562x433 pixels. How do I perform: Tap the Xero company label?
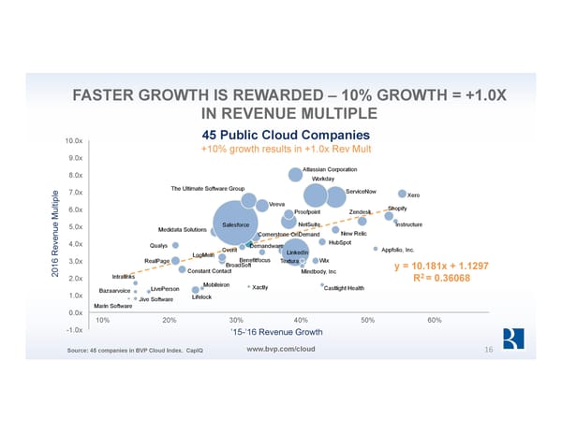tap(413, 195)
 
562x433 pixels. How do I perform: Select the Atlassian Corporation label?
tap(330, 169)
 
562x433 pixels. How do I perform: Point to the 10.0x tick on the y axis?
tap(74, 141)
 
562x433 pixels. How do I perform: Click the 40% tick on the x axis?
tap(301, 320)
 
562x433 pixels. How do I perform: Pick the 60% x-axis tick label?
tap(434, 320)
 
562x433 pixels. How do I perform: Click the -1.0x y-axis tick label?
tap(74, 330)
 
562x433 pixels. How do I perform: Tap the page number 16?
tap(488, 350)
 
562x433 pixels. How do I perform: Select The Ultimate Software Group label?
tap(208, 189)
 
